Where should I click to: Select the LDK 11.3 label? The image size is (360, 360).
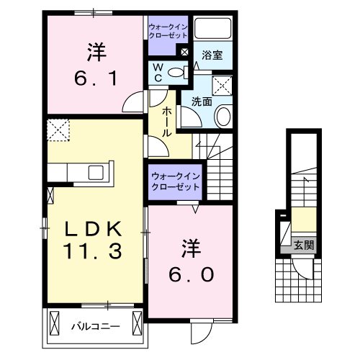(96, 240)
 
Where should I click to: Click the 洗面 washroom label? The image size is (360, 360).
(202, 102)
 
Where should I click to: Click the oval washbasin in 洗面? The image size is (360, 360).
(222, 115)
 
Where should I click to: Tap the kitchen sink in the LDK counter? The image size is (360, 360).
(95, 174)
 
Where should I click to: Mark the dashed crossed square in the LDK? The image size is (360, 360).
(57, 131)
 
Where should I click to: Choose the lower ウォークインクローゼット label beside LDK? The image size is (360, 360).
(176, 181)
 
